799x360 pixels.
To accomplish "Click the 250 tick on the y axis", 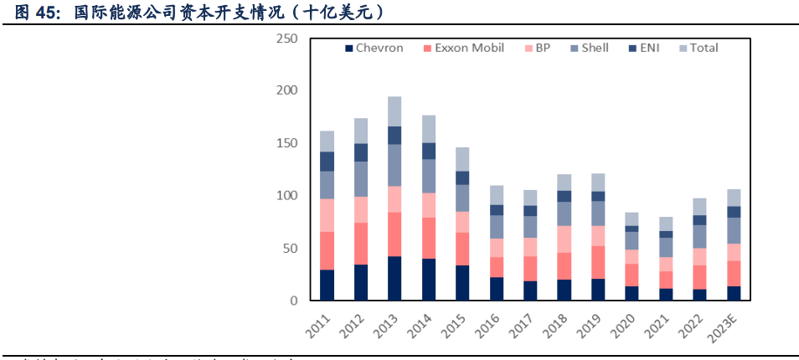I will click(x=286, y=39).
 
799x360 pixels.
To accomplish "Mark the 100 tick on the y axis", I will click(x=286, y=195).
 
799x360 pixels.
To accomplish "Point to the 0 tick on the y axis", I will click(x=293, y=300).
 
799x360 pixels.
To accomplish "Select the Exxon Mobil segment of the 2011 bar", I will click(x=327, y=250).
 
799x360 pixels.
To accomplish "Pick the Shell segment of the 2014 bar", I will click(x=429, y=176).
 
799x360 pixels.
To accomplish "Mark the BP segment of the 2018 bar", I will click(x=565, y=239).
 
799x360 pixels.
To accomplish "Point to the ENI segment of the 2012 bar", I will click(x=361, y=152).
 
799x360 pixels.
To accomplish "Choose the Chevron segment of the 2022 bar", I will click(x=698, y=294).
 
